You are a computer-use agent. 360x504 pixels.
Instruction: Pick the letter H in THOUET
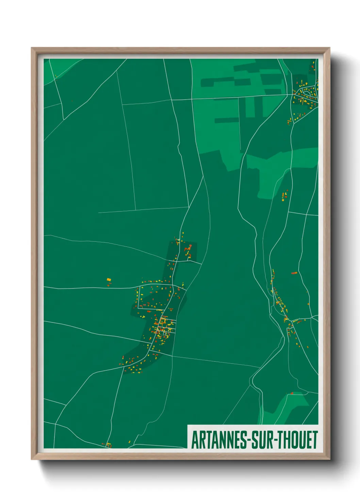point(289,440)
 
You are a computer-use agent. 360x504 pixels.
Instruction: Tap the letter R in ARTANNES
point(200,440)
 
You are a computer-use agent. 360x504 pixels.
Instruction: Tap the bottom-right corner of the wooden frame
point(329,459)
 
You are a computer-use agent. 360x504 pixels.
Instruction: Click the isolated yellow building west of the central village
point(109,280)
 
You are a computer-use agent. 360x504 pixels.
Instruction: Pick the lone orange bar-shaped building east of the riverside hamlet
point(294,273)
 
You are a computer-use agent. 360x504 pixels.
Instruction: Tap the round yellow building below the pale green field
point(283,201)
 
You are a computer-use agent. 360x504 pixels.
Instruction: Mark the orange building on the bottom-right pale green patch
point(292,394)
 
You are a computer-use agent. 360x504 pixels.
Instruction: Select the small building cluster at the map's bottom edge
point(108,444)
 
